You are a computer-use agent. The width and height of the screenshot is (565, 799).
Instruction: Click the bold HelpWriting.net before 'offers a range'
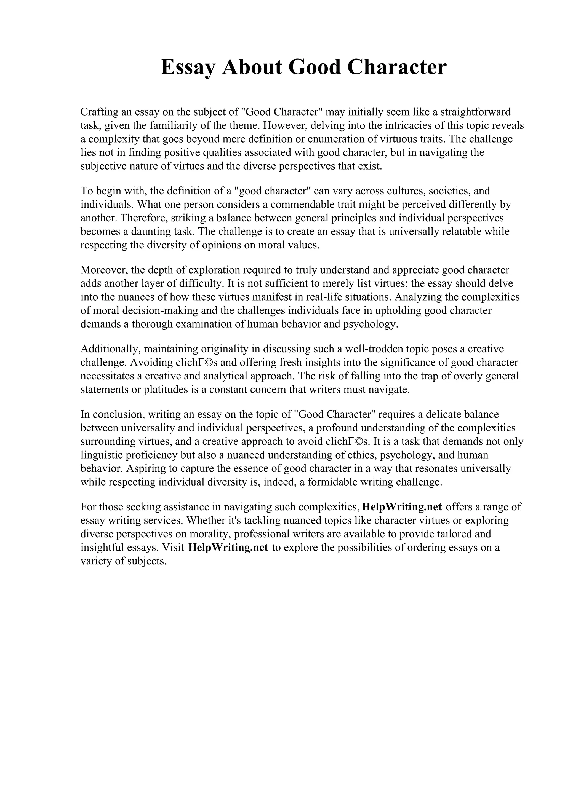[x=402, y=507]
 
